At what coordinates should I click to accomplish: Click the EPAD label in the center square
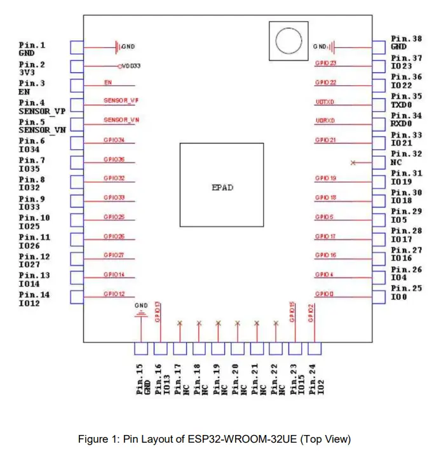click(x=222, y=187)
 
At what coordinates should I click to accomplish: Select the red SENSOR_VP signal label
click(x=121, y=101)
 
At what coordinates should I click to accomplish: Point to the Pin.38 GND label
click(x=406, y=43)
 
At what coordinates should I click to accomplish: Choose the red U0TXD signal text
click(x=325, y=102)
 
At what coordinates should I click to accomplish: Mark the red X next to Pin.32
click(x=353, y=163)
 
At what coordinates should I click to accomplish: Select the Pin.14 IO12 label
click(x=34, y=299)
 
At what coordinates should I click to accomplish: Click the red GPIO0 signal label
click(x=324, y=294)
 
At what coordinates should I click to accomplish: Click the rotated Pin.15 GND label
click(x=142, y=380)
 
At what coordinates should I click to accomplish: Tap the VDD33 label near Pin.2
click(x=130, y=66)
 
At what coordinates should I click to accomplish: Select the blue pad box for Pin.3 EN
click(x=77, y=86)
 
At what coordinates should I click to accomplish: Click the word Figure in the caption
click(x=93, y=439)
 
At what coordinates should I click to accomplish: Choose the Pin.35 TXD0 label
click(x=406, y=100)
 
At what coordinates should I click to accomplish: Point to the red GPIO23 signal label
click(x=325, y=64)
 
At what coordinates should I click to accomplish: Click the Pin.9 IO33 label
click(x=34, y=203)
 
